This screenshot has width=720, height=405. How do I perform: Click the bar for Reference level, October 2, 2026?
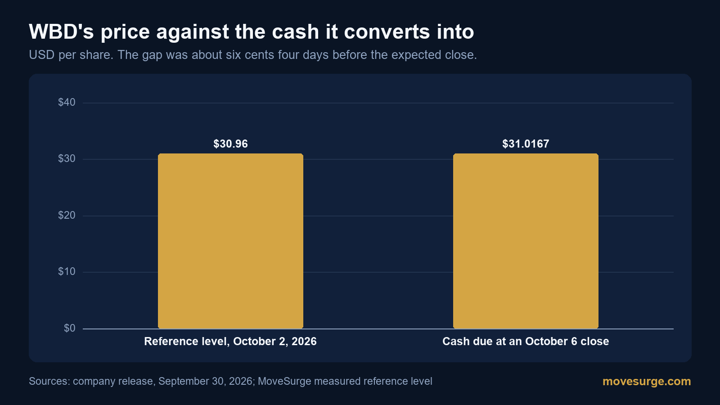pyautogui.click(x=230, y=241)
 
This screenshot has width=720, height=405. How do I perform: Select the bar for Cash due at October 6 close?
pyautogui.click(x=526, y=241)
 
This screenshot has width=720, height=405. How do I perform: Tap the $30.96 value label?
pyautogui.click(x=230, y=144)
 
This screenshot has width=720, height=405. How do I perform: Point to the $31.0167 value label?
pyautogui.click(x=526, y=144)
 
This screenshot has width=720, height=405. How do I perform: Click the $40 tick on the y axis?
pyautogui.click(x=67, y=102)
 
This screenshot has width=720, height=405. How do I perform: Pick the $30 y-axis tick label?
pyautogui.click(x=67, y=158)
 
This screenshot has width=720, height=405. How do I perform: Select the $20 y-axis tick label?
pyautogui.click(x=67, y=215)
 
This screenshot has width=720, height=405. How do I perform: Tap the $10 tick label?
pyautogui.click(x=67, y=272)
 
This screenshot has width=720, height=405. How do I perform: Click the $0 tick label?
pyautogui.click(x=69, y=328)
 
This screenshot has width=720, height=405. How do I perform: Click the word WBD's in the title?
pyautogui.click(x=61, y=31)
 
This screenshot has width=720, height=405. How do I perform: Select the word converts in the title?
pyautogui.click(x=387, y=31)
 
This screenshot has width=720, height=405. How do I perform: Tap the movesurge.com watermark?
pyautogui.click(x=647, y=381)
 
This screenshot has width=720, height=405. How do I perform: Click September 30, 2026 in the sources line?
pyautogui.click(x=205, y=381)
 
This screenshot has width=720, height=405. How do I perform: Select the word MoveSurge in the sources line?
pyautogui.click(x=284, y=381)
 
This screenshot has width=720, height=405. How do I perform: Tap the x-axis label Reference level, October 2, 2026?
pyautogui.click(x=230, y=342)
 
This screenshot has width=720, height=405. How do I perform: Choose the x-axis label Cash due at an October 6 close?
pyautogui.click(x=526, y=342)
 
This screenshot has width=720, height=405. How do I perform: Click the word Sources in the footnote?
pyautogui.click(x=49, y=381)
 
